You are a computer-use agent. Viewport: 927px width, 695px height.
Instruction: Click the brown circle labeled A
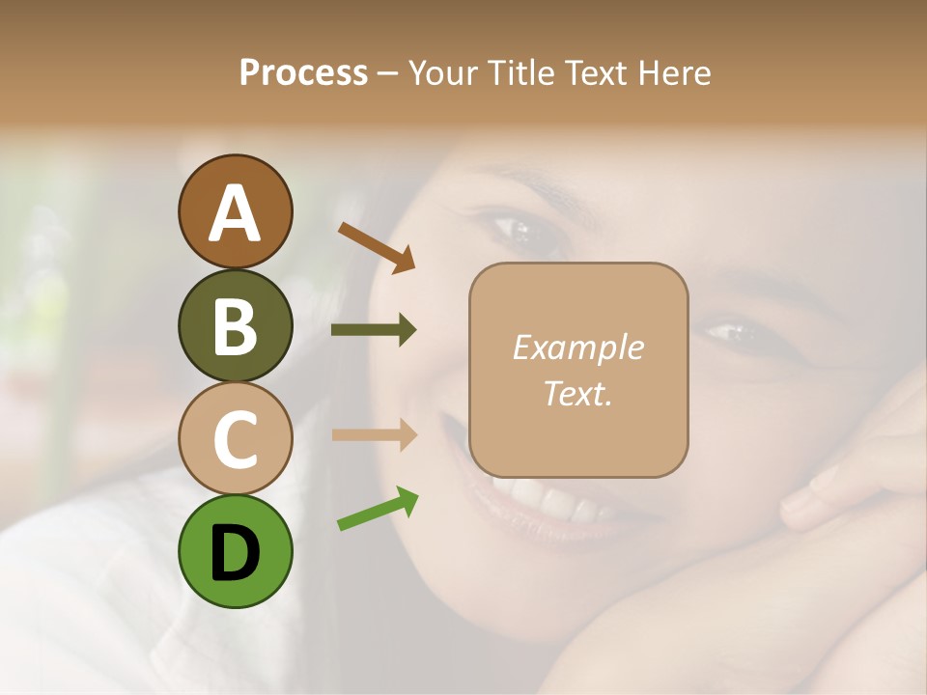(235, 212)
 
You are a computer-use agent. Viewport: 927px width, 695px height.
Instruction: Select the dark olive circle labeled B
(235, 325)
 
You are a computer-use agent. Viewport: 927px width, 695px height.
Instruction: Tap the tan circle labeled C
(235, 438)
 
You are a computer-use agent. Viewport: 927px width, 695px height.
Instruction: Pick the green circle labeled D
(235, 551)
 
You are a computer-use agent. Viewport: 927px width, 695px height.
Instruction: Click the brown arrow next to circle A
(377, 247)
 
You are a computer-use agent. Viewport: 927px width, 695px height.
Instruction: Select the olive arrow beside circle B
(374, 330)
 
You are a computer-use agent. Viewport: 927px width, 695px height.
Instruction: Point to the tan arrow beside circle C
(374, 435)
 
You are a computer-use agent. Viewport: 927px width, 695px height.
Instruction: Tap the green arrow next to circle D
(378, 509)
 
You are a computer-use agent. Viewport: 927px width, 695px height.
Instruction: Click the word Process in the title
(303, 73)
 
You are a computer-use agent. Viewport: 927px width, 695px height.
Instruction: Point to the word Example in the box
(577, 347)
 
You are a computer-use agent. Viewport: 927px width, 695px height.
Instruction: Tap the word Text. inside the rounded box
(577, 393)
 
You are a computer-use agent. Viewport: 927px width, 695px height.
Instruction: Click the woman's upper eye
(521, 231)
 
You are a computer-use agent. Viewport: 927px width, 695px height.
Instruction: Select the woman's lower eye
(731, 333)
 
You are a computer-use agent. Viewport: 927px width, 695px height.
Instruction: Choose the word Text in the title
(591, 73)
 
